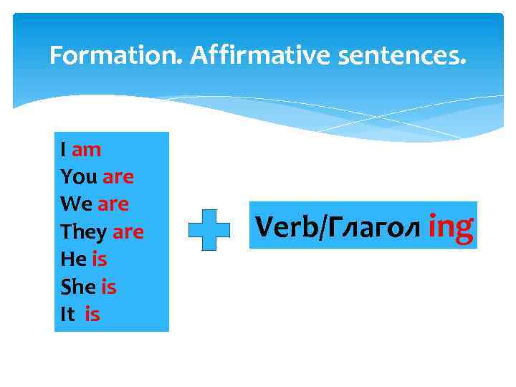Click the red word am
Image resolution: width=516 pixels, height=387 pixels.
(87, 150)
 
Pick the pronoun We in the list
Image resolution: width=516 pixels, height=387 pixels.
(77, 204)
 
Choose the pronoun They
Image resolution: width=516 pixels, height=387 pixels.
(84, 232)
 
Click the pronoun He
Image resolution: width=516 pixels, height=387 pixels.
(73, 259)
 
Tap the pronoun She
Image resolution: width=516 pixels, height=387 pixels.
(78, 287)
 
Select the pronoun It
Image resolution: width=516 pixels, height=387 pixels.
(67, 314)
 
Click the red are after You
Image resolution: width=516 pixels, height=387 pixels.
(118, 177)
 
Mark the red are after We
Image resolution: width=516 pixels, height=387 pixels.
(113, 204)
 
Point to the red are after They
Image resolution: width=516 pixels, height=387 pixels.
(128, 232)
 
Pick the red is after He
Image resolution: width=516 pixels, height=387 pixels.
(99, 259)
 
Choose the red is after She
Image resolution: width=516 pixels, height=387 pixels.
(108, 287)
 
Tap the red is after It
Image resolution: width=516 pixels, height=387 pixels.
(92, 314)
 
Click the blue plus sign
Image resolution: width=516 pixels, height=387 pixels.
(209, 229)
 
